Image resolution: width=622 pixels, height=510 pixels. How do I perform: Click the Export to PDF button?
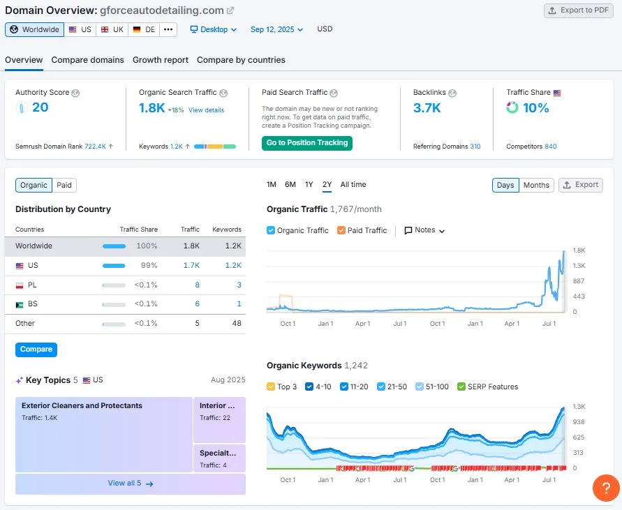579,10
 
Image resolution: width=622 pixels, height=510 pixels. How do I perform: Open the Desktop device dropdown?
214,29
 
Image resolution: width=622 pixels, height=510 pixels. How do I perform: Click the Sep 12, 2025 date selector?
276,29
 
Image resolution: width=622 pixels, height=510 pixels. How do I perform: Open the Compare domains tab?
87,60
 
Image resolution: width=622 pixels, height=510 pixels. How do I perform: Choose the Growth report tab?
161,60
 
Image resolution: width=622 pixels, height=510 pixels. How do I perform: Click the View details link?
206,110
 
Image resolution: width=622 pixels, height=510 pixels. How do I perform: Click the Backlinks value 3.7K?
427,107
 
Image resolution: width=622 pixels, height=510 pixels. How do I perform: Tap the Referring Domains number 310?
475,147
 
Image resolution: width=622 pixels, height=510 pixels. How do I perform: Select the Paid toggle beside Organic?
64,185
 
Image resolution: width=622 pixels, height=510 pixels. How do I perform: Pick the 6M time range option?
290,185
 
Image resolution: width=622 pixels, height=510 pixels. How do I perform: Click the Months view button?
536,185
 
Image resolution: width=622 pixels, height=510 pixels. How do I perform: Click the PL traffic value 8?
197,285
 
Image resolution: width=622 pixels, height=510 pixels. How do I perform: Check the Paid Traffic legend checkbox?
341,230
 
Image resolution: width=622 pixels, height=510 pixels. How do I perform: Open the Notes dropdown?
424,230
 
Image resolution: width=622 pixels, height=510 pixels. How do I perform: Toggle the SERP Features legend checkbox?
461,387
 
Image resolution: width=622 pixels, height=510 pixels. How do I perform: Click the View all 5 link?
130,483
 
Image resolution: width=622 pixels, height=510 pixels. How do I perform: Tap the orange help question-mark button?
605,488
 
